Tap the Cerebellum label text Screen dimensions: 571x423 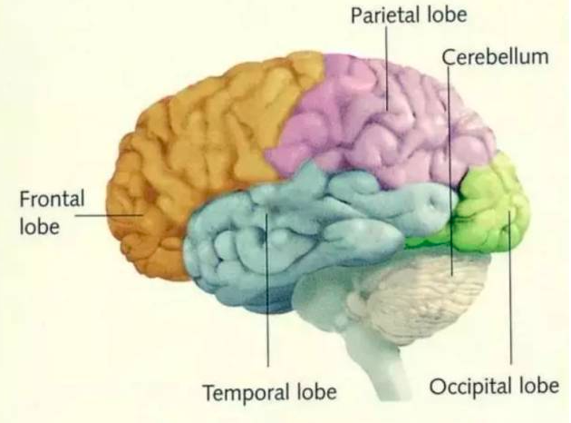(x=495, y=57)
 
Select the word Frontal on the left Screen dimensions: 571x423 (x=52, y=199)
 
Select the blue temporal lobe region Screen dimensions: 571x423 (x=291, y=233)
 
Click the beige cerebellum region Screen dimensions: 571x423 (x=422, y=291)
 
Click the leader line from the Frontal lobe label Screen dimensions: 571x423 (x=109, y=215)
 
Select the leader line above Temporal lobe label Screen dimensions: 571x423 (x=267, y=290)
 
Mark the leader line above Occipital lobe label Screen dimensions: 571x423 (x=509, y=289)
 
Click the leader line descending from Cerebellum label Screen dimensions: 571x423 (x=450, y=172)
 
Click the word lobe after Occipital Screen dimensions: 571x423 (x=539, y=385)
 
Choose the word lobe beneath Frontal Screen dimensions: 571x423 (x=39, y=226)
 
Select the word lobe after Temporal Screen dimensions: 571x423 (x=317, y=392)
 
